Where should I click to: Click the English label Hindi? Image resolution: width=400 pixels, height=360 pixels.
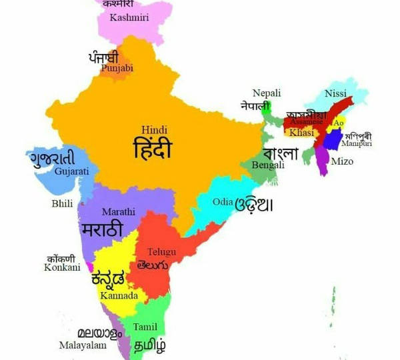click(155, 129)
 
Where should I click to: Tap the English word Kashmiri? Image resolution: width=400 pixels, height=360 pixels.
click(129, 17)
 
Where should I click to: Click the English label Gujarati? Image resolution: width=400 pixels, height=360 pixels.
click(71, 172)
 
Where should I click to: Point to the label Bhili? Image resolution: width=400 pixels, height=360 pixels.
click(62, 204)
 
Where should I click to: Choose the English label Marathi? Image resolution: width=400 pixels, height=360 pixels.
click(119, 212)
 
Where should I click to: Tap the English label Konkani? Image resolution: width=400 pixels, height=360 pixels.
click(62, 267)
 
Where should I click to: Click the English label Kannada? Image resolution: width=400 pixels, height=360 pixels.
click(119, 295)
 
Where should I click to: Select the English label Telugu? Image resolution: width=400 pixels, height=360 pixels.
click(161, 251)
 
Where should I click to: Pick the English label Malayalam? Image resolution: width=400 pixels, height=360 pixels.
click(82, 345)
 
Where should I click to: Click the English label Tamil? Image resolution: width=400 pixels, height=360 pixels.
click(145, 327)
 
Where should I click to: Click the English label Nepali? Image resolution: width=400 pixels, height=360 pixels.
click(266, 93)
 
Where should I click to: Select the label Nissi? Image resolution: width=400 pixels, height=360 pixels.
click(335, 94)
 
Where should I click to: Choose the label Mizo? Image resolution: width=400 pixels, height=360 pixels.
click(342, 162)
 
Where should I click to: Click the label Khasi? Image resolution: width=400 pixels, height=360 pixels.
click(301, 133)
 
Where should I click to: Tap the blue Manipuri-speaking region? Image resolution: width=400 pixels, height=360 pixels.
click(331, 140)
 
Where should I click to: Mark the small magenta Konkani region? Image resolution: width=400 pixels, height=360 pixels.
click(89, 267)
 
